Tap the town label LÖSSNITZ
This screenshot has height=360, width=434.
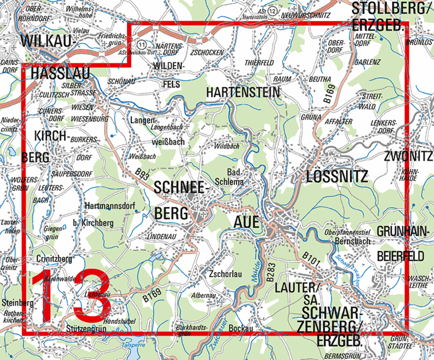tap(337, 176)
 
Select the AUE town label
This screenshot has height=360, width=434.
tap(244, 222)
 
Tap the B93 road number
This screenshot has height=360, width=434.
tap(143, 174)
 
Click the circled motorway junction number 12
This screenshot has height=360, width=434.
tap(272, 11)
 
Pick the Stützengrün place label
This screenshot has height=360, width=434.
tap(85, 329)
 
